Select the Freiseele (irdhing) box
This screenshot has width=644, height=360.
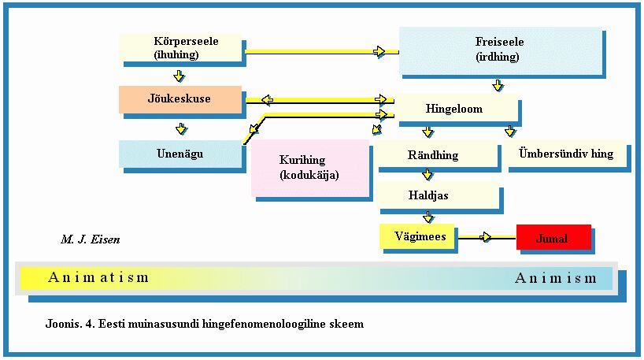pos(500,50)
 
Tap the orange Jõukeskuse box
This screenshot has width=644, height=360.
pos(179,99)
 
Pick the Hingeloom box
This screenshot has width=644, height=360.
pos(454,109)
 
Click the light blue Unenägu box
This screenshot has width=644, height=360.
pos(179,154)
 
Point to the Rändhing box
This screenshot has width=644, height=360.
pos(437,155)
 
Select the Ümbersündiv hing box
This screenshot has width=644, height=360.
pos(565,154)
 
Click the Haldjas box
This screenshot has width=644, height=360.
pos(437,195)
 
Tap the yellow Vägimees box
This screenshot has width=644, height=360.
pos(417,236)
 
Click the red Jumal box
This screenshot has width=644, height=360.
pos(553,237)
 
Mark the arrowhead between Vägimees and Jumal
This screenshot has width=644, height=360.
pos(487,236)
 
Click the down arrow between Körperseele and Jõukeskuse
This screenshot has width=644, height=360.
pos(180,76)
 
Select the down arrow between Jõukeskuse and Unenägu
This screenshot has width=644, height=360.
pos(180,128)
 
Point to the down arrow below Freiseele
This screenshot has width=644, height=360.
pos(498,84)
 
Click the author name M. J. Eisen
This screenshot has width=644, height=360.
pos(90,239)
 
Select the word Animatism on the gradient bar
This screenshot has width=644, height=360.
pos(98,277)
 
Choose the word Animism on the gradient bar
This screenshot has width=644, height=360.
pos(556,278)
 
